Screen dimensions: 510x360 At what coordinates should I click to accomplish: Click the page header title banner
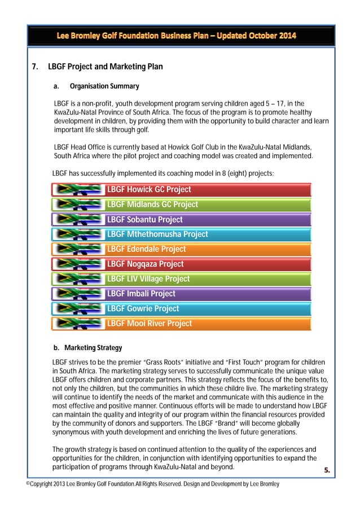(179, 36)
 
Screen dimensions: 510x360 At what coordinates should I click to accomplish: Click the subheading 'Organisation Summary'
(104, 86)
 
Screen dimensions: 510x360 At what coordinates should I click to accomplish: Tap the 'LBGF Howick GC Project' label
(149, 190)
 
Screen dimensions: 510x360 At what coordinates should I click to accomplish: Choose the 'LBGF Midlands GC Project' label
(152, 204)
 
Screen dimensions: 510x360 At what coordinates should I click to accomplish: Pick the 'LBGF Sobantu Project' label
(144, 220)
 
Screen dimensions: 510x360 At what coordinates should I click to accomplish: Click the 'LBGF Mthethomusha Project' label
(157, 234)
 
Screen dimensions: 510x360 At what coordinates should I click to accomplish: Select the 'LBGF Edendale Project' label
(146, 249)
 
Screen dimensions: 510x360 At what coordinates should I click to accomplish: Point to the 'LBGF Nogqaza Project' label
(145, 264)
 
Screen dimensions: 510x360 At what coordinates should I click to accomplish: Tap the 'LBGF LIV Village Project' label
(148, 279)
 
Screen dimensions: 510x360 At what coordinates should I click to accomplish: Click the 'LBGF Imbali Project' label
(141, 294)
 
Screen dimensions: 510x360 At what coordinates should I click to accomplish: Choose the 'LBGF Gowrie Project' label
(143, 309)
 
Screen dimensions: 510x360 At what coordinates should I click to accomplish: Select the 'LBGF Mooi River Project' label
(150, 324)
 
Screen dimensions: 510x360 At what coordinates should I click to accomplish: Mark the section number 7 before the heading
(34, 67)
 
